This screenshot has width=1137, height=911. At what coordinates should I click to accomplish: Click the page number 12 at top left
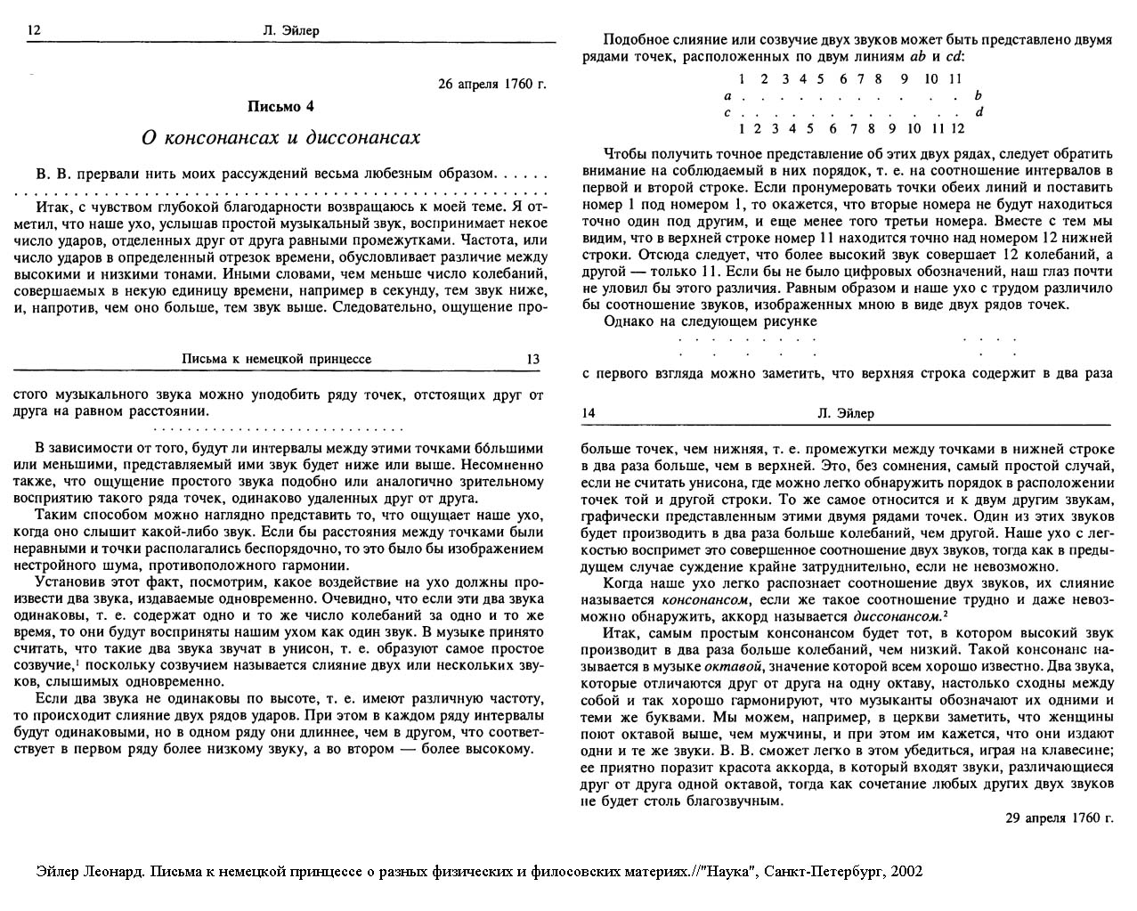coord(35,30)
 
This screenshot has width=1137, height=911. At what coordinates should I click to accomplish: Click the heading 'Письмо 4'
coord(281,106)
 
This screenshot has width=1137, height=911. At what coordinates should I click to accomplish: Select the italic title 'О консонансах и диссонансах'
coord(281,138)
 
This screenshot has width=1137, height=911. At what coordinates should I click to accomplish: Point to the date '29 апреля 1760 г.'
coord(1060,817)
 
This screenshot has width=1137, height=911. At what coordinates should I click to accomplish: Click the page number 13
coord(533,359)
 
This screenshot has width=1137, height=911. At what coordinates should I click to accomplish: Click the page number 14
coord(589,413)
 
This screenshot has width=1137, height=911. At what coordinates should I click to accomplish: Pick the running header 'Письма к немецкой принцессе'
coord(276,359)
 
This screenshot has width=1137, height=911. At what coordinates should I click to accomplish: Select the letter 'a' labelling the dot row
coord(728,95)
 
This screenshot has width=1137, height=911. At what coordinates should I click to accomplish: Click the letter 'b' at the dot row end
coord(979,95)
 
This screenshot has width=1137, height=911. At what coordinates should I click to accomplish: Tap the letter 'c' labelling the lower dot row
coord(728,112)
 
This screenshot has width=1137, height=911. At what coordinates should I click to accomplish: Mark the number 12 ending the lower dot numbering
coord(958,128)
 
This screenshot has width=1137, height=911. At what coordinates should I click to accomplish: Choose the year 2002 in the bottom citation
coord(906,870)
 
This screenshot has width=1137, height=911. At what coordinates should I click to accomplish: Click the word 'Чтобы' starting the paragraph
coord(622,153)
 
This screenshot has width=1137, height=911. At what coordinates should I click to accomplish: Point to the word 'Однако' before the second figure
coord(624,321)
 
